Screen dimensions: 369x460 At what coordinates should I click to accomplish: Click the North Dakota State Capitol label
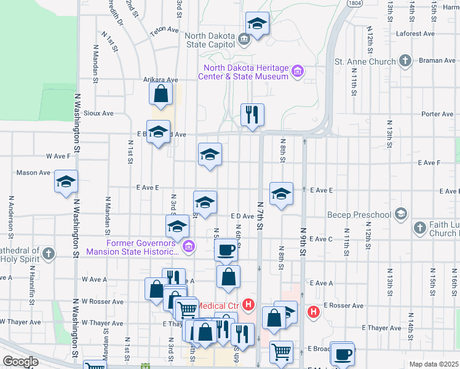click(x=210, y=39)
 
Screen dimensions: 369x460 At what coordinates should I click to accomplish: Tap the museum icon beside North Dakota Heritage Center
click(x=298, y=72)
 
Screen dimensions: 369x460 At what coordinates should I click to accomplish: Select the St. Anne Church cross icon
click(x=405, y=61)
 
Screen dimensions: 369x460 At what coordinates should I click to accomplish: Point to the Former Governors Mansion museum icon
click(x=189, y=247)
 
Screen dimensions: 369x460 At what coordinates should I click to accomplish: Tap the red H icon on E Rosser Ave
click(x=314, y=312)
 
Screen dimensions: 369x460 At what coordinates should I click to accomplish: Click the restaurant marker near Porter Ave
click(x=252, y=114)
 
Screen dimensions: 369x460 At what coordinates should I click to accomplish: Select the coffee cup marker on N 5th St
click(x=226, y=250)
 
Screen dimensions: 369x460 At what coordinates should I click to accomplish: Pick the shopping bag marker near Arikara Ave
click(x=161, y=95)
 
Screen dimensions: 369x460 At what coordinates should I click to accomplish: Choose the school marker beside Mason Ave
click(x=66, y=182)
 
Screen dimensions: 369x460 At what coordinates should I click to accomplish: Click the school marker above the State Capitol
click(x=257, y=24)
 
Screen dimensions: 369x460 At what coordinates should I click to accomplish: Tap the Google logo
click(x=20, y=362)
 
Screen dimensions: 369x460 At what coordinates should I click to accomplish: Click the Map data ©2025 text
click(x=433, y=364)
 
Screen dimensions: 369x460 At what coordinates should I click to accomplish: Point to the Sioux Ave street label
click(x=99, y=113)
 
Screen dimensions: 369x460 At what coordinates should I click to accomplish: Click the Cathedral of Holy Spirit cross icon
click(x=49, y=253)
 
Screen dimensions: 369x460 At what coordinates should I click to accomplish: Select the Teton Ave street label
click(x=164, y=29)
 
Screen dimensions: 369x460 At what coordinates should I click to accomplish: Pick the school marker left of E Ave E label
click(x=281, y=194)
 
